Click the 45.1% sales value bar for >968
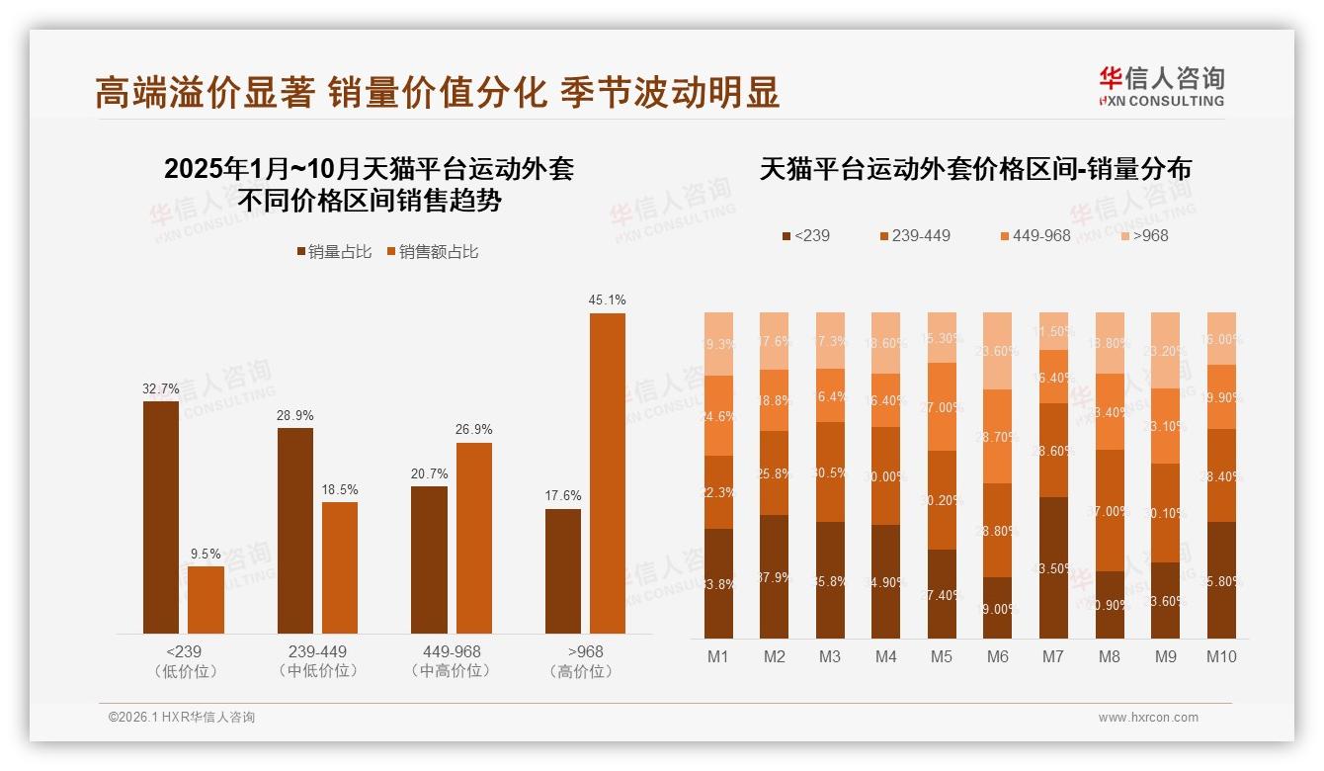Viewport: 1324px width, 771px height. tap(607, 472)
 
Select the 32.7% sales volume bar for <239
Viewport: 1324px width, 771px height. tap(161, 516)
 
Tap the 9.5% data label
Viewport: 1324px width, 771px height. tap(206, 554)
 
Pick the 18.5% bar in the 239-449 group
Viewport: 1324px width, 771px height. tap(340, 567)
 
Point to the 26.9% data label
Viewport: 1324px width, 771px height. tap(473, 430)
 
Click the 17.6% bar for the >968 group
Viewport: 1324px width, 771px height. tap(563, 570)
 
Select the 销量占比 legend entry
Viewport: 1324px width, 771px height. tap(335, 252)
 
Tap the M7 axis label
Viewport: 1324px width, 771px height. tap(1054, 657)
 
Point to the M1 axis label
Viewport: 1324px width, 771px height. tap(718, 657)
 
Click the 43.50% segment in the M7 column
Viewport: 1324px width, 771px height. tap(1054, 567)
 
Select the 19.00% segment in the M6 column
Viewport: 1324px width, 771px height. tap(998, 608)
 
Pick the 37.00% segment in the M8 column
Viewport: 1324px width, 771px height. tap(1110, 510)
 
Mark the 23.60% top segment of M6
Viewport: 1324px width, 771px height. tap(998, 351)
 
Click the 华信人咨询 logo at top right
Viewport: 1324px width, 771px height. tap(1161, 87)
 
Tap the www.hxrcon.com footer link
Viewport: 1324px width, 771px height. tap(1148, 718)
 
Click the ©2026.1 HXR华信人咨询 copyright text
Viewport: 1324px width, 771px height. tap(182, 718)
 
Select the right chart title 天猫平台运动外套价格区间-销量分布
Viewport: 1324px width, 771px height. tap(975, 169)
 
